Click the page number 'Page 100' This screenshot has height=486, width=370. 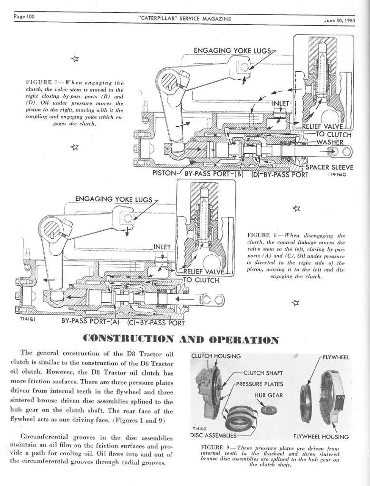24,17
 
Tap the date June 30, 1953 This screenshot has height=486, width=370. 340,21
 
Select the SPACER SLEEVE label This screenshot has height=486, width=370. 330,168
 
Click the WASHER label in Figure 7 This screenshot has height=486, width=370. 330,142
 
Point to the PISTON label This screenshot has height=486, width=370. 165,173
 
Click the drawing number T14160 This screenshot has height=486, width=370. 336,175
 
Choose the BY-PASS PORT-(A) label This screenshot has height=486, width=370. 90,321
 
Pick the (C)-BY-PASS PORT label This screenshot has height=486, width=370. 156,323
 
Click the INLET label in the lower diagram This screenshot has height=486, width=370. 162,247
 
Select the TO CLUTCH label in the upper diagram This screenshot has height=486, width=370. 333,134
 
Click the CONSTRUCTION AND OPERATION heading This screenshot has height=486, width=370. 180,339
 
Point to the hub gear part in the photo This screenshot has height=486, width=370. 267,410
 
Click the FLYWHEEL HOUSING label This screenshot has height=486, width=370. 321,437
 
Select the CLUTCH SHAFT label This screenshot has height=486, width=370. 263,373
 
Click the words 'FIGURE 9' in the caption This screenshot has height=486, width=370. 212,447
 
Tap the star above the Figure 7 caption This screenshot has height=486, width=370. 75,58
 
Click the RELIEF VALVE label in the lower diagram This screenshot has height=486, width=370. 204,272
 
